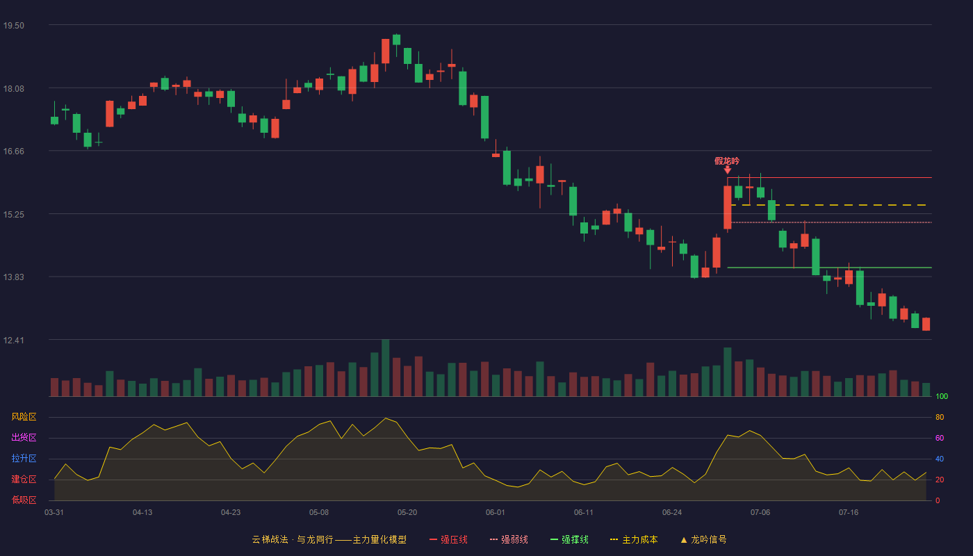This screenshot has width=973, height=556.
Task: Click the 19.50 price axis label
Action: coord(13,26)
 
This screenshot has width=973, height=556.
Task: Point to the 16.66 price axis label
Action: coord(13,152)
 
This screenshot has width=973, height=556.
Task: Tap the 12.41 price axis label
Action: coord(13,340)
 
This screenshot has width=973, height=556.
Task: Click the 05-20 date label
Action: coord(407,513)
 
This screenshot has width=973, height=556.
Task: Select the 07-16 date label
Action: coord(849,513)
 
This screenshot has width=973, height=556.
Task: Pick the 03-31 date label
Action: coord(54,513)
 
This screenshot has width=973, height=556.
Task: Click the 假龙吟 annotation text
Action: coord(727,161)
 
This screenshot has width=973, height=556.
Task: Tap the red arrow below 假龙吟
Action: coord(727,170)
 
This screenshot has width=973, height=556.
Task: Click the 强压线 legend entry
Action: coord(448,539)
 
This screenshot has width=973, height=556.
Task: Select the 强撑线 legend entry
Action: coord(569,539)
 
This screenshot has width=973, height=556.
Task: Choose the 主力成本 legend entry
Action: coord(634,539)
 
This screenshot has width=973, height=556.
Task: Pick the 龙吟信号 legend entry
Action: coord(703,539)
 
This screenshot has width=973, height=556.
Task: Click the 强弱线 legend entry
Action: coord(509,539)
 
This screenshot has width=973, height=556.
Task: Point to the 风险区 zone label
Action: coord(24,416)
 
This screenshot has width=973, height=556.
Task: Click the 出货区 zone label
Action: coord(24,437)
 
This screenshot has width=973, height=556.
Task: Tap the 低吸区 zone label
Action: coord(24,500)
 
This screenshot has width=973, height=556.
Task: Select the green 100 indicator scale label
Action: coord(941,396)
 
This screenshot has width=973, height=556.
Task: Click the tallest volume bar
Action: coord(385,368)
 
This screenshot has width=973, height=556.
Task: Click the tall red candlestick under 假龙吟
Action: coord(727,207)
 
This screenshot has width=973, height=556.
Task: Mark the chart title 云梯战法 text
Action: coord(270,539)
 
